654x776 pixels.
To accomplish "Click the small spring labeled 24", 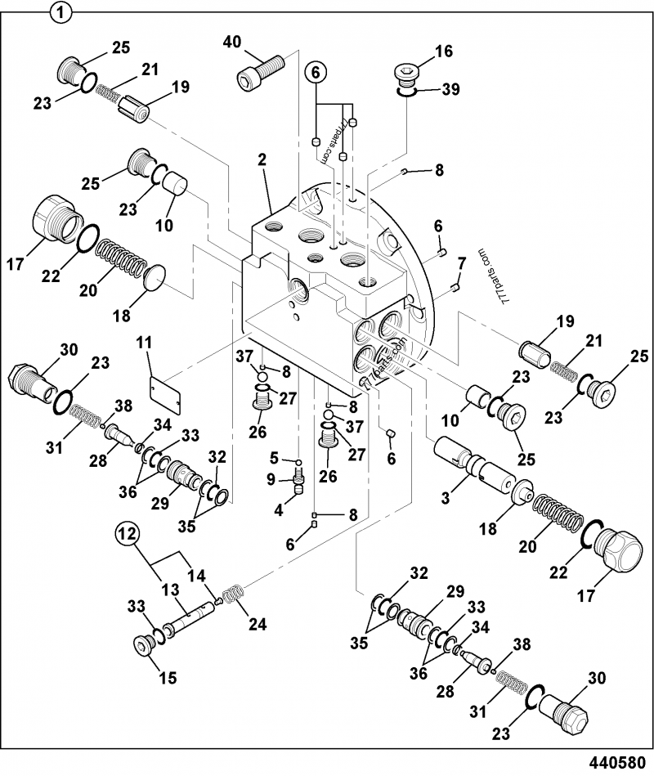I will click(x=233, y=594).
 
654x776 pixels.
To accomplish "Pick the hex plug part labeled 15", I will click(x=146, y=648).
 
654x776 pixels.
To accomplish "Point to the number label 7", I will click(x=462, y=262).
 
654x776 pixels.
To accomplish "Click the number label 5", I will click(x=275, y=456).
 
